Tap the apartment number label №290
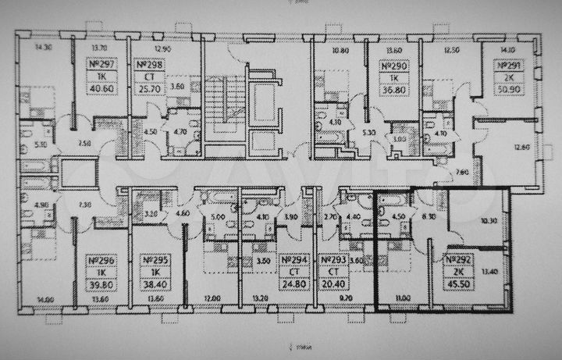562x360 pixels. (x=395, y=66)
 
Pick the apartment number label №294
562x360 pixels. (x=291, y=260)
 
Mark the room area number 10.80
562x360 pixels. (x=340, y=51)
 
